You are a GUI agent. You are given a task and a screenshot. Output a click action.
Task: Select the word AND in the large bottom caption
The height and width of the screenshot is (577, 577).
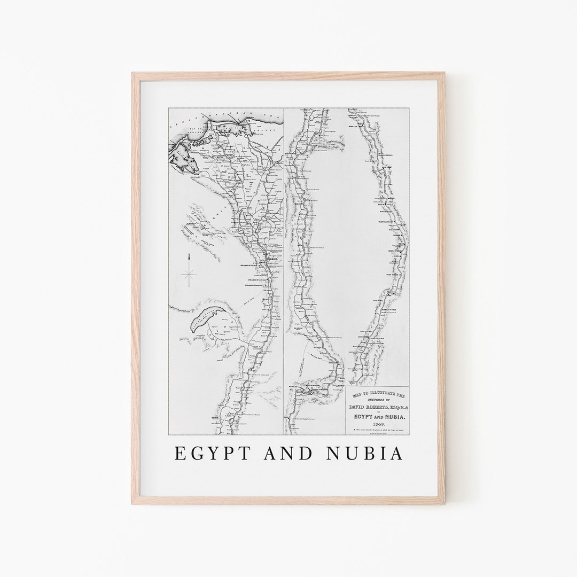(289, 453)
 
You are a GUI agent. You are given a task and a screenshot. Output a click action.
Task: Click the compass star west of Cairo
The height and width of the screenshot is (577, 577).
(189, 275)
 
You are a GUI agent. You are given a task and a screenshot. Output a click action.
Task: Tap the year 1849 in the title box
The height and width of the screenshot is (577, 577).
(378, 422)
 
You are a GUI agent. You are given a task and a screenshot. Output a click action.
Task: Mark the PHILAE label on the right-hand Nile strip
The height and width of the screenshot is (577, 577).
(384, 204)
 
